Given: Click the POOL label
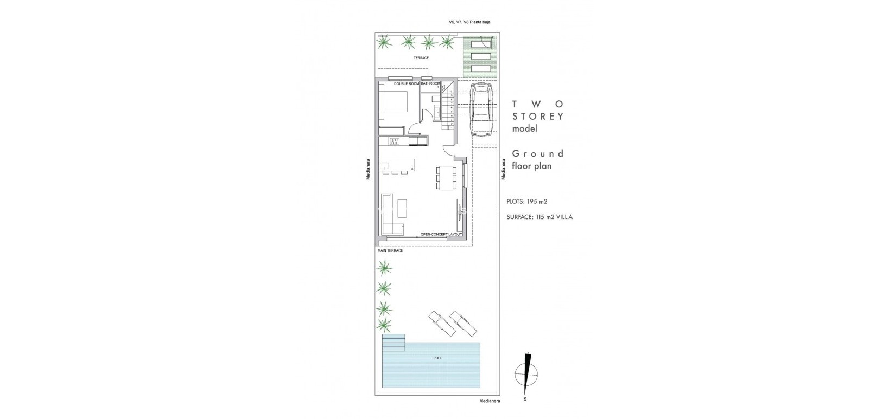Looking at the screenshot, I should (x=437, y=358).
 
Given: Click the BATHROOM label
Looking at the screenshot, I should (x=430, y=84).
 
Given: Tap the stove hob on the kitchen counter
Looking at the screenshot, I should (x=395, y=141).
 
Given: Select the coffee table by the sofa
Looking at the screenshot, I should (x=402, y=207).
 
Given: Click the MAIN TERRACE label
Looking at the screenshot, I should (x=390, y=250).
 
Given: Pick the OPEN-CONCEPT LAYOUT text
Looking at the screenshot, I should (x=441, y=234).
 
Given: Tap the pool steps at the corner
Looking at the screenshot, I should (x=394, y=343).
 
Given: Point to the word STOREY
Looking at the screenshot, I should (x=538, y=116).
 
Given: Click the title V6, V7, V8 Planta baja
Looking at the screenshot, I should (x=465, y=22).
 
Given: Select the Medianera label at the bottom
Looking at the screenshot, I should (x=490, y=401).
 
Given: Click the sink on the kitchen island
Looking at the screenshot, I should (x=384, y=165).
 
